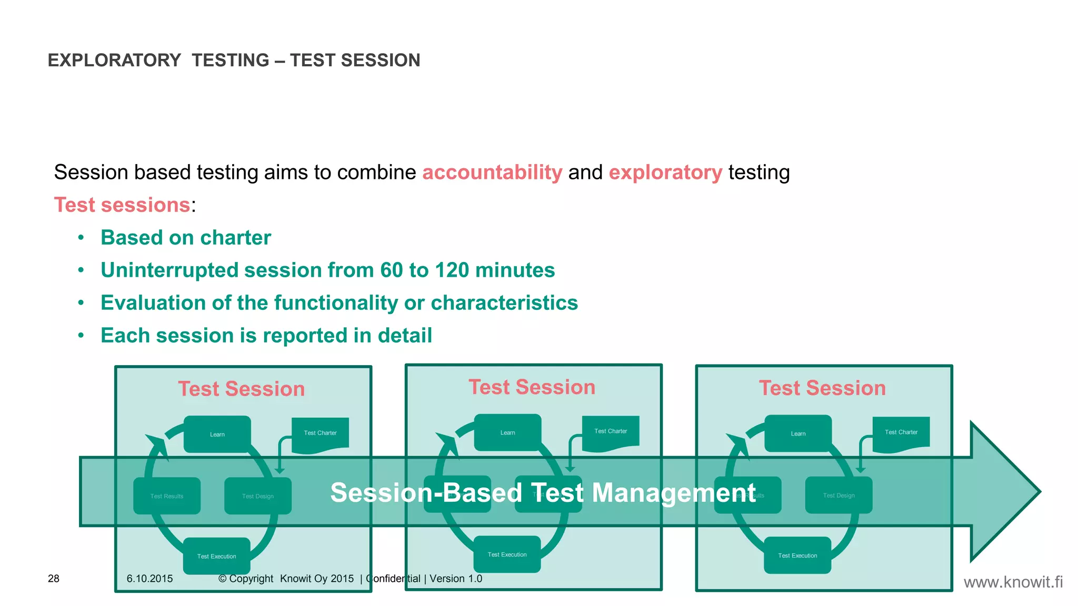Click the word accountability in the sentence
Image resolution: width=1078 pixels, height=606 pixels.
click(492, 173)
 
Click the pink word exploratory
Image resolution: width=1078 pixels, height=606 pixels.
click(665, 173)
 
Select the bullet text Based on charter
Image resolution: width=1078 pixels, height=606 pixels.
click(186, 238)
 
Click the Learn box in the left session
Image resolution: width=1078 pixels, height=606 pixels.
click(217, 434)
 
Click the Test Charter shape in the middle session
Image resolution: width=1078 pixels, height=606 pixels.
click(611, 432)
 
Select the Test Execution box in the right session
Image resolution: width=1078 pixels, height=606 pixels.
click(797, 555)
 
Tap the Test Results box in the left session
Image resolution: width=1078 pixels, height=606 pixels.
click(167, 496)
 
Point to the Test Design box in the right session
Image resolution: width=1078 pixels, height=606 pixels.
click(839, 496)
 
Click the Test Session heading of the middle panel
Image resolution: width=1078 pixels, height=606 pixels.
click(532, 387)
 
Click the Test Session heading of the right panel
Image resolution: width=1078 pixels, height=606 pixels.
click(822, 388)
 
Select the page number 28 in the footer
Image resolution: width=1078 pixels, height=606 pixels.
click(54, 579)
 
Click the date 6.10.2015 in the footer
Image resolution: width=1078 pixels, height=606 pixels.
click(149, 579)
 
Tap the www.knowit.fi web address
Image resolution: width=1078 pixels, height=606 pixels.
click(1013, 582)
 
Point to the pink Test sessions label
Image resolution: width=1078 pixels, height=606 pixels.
click(122, 205)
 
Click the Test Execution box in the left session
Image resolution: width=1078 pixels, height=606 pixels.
click(216, 556)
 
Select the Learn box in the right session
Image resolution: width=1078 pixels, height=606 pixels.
click(798, 433)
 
